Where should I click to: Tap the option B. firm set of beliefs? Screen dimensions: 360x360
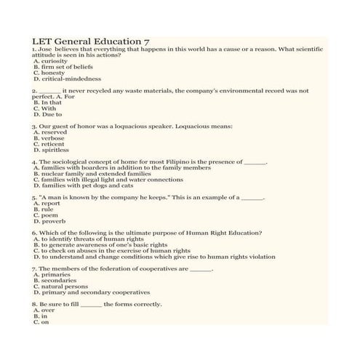[x=63, y=67]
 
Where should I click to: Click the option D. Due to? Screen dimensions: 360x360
[x=47, y=114]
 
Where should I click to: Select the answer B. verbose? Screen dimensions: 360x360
[x=49, y=138]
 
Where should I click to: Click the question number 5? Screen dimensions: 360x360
[x=34, y=197]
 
